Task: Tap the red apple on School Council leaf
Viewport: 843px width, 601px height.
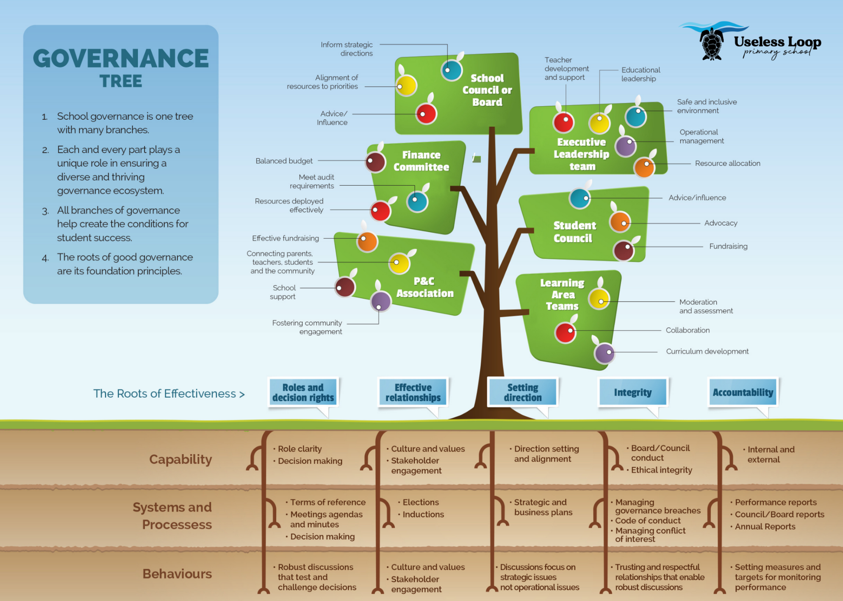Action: click(426, 114)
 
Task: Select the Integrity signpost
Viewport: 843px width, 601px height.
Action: click(633, 392)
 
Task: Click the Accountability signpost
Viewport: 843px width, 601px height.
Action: click(743, 392)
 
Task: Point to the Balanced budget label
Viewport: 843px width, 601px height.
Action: click(284, 161)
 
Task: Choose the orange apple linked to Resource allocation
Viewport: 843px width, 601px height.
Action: click(644, 167)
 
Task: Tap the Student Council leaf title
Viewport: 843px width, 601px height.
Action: click(574, 232)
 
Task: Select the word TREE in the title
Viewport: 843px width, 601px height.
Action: click(121, 81)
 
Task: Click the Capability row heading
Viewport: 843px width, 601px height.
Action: click(180, 459)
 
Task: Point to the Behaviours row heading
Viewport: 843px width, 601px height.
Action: click(177, 574)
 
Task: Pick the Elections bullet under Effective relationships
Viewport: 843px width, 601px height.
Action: click(420, 502)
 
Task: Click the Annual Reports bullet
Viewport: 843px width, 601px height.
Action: click(765, 526)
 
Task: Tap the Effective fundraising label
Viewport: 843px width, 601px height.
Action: click(285, 238)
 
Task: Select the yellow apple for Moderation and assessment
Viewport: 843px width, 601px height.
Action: click(599, 299)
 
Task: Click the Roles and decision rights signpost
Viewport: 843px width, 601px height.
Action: click(303, 392)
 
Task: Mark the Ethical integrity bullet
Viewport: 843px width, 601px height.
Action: click(661, 470)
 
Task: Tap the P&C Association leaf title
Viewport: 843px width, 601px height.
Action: click(425, 287)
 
